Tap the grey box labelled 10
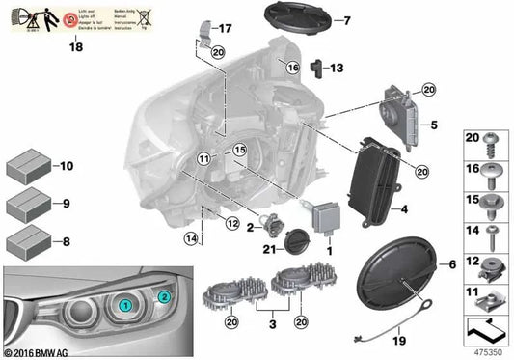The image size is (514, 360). pos(29,167)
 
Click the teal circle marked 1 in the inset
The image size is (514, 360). pos(125,305)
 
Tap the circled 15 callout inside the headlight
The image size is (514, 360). pos(239,150)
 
